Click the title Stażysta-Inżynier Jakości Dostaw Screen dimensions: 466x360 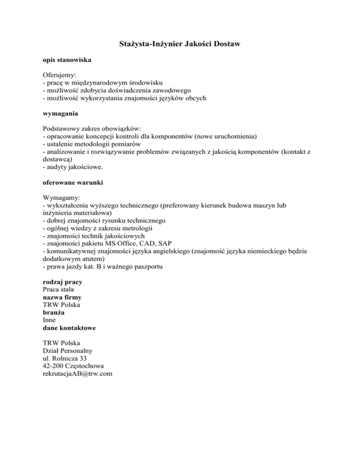180,45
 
